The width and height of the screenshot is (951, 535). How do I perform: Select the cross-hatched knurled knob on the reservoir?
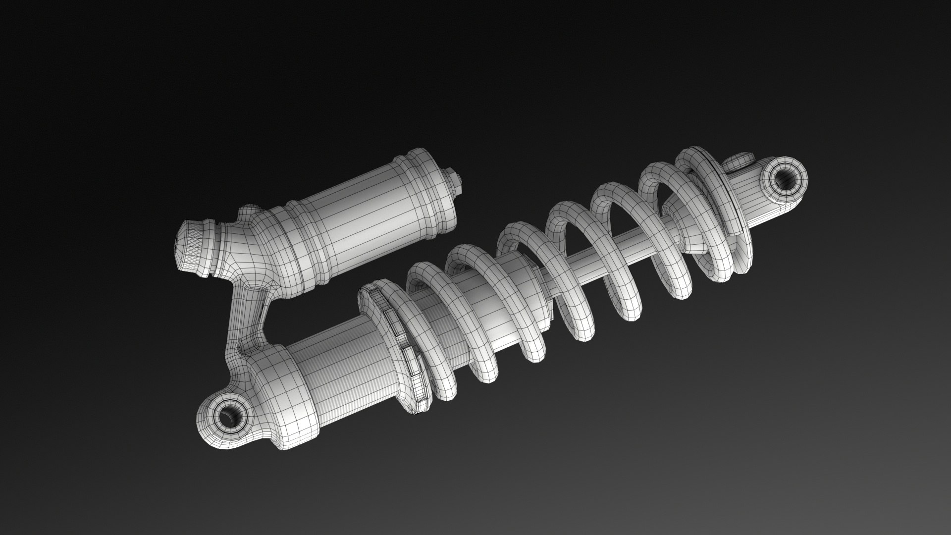coord(194,248)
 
